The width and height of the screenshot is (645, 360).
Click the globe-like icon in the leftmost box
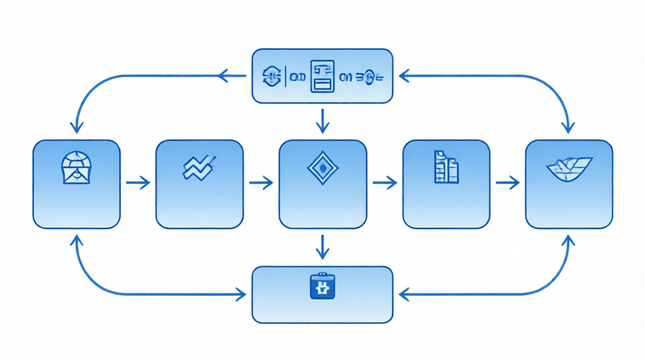[x=76, y=168]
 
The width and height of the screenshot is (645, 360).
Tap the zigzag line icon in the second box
[x=199, y=167]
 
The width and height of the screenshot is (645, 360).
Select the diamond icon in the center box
[x=322, y=168]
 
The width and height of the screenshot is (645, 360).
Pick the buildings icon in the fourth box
[x=446, y=167]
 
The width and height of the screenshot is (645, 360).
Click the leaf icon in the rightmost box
[x=569, y=169]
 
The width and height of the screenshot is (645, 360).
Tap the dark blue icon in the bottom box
[x=322, y=286]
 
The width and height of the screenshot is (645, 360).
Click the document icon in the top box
[x=322, y=77]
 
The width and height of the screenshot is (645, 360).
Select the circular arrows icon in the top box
[x=272, y=77]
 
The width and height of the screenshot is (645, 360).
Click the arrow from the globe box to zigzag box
[x=138, y=183]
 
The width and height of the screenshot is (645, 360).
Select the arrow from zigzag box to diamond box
[x=261, y=183]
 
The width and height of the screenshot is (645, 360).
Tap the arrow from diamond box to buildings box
[x=385, y=183]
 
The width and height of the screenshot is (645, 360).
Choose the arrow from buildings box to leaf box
[x=507, y=183]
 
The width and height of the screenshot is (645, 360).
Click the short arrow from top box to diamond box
[x=322, y=121]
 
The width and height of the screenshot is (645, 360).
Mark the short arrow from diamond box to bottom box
[x=322, y=246]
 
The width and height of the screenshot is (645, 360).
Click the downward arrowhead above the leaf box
[x=568, y=127]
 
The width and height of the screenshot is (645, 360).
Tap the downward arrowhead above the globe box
[x=77, y=127]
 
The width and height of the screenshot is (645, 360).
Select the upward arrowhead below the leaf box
[x=568, y=241]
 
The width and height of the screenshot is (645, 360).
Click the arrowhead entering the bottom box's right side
[x=404, y=293]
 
